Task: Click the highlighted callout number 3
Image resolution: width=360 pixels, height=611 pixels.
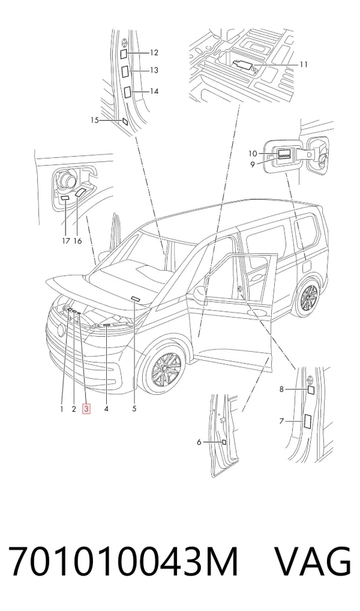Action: pos(86,409)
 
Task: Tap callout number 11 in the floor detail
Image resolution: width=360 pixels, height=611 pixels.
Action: pos(304,64)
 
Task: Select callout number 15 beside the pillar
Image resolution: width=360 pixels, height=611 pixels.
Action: pos(95,120)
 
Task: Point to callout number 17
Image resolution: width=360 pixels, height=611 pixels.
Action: pos(66,241)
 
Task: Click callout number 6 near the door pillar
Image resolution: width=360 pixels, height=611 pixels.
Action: pos(199,442)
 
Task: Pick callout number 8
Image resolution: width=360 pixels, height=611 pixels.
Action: pos(281,389)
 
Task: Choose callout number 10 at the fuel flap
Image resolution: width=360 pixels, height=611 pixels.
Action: pos(253,154)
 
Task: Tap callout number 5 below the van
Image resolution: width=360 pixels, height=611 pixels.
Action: pos(134,409)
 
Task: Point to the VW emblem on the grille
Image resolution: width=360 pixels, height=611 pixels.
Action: pos(61,331)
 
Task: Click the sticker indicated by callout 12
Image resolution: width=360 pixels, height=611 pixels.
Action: pos(122,53)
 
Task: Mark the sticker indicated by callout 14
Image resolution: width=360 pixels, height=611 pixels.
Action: pos(127,92)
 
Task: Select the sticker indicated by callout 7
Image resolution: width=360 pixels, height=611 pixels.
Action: pos(307,421)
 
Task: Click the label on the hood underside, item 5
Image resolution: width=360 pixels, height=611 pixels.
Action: pos(135,298)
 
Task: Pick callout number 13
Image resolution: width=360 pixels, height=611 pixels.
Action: pos(154,70)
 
